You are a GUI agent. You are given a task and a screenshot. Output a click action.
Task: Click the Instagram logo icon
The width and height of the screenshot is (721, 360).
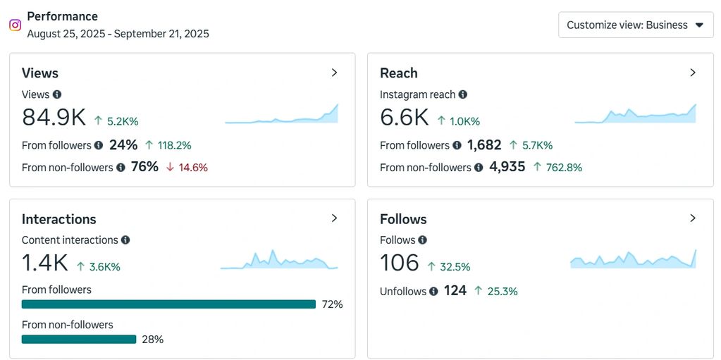15,25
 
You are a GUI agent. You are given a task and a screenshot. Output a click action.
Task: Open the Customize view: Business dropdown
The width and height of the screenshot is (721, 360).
636,25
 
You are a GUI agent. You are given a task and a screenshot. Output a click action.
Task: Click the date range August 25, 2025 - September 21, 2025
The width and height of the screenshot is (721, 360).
118,33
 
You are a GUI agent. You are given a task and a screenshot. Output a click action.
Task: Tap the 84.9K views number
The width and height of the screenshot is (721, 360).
54,118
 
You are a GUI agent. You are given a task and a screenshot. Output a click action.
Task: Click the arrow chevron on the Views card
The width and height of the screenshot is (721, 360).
335,73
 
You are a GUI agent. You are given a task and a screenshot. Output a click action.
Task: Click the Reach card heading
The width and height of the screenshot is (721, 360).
398,73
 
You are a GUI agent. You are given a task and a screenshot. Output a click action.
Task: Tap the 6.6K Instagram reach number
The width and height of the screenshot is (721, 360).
404,118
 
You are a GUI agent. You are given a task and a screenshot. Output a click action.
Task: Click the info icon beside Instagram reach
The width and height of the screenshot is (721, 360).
463,94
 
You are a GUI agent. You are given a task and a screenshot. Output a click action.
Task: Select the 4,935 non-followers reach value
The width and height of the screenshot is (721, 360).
507,168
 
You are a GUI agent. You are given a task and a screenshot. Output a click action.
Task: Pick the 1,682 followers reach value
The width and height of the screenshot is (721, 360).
484,145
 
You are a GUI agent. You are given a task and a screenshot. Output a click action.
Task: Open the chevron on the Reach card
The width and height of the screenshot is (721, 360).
693,73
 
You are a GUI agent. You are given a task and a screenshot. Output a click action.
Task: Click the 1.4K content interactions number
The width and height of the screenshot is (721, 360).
45,263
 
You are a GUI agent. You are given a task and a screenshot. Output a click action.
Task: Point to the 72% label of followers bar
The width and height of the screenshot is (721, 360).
332,304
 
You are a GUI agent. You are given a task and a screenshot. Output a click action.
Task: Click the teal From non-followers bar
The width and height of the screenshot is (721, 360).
79,340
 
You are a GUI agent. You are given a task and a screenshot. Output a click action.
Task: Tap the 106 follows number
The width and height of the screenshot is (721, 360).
400,263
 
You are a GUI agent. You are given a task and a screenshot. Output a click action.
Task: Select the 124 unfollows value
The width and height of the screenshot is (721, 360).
455,290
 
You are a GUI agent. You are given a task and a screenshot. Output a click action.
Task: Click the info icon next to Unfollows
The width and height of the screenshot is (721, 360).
433,291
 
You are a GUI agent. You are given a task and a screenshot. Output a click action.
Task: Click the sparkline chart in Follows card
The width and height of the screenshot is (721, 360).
633,260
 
